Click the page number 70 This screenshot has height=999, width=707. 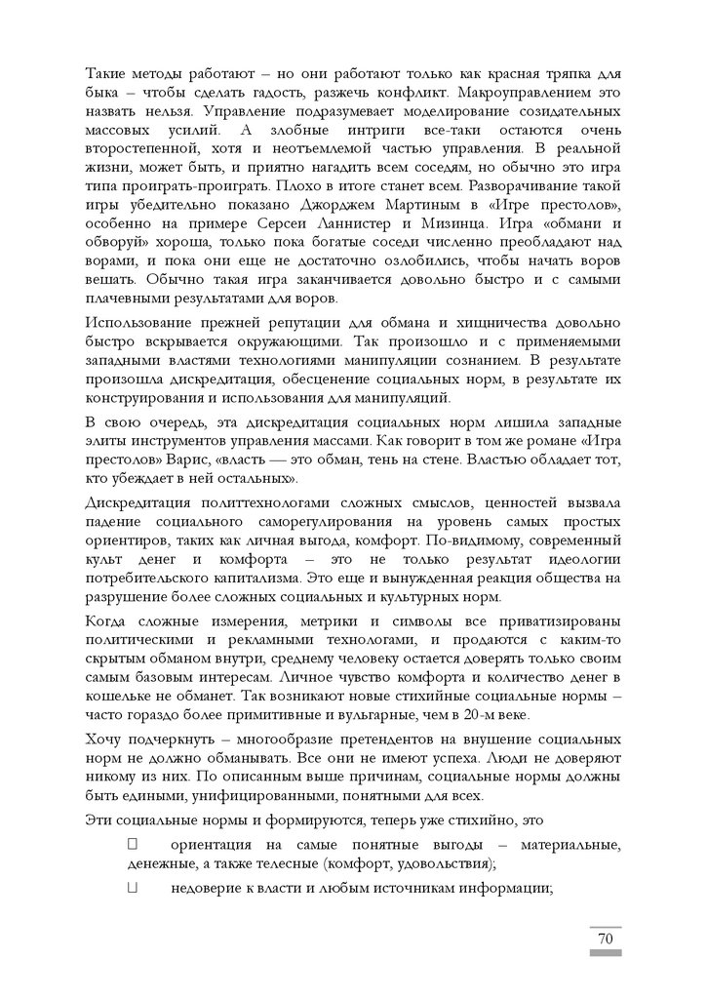click(604, 939)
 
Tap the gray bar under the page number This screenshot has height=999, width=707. click(604, 952)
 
